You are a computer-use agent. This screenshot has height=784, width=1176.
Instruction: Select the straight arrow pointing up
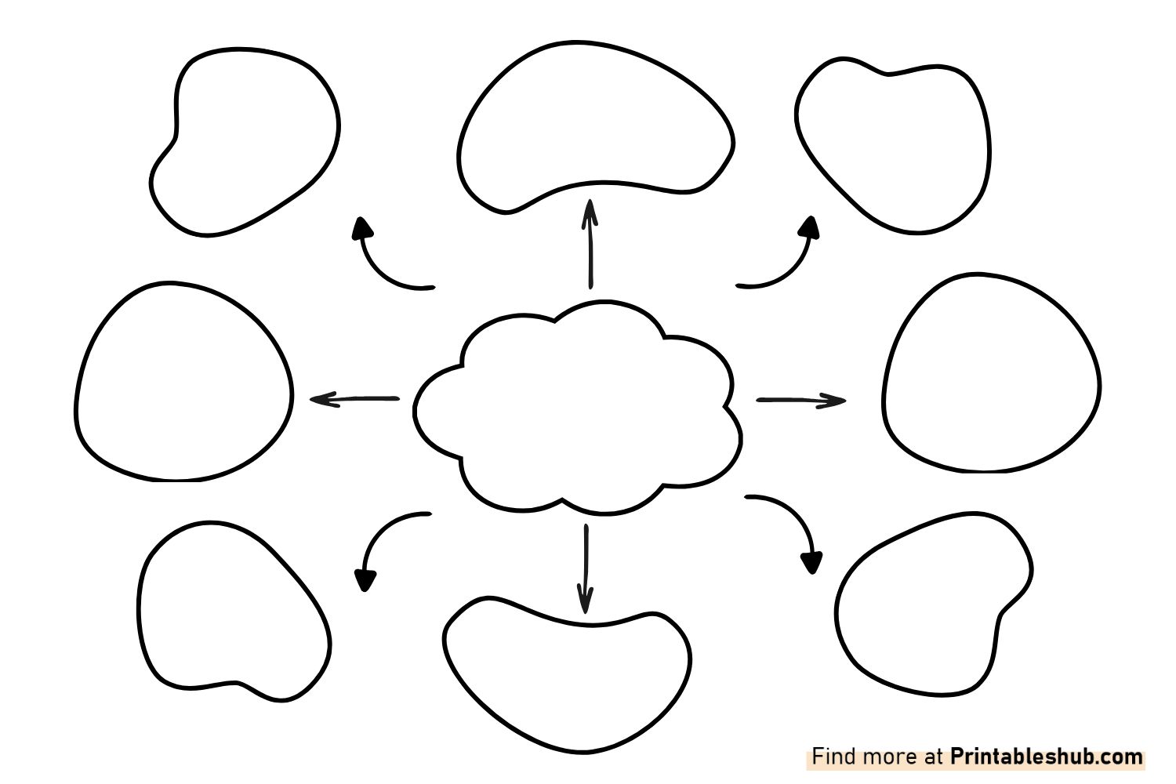click(590, 244)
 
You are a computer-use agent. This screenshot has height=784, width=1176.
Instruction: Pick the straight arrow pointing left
click(355, 399)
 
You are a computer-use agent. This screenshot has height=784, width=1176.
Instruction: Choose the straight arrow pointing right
click(801, 400)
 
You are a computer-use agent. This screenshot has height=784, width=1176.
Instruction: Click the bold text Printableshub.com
click(1047, 757)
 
